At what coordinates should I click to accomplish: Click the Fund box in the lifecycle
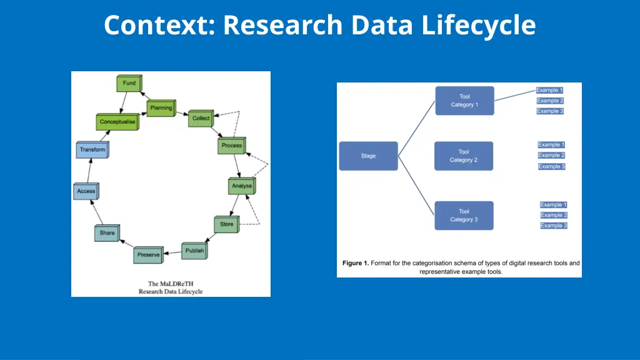[129, 84]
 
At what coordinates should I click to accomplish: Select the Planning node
[161, 108]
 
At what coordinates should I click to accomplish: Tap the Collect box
[201, 118]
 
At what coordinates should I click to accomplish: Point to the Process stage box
[231, 146]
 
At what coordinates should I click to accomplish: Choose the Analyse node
[242, 186]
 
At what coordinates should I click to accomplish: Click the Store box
[226, 224]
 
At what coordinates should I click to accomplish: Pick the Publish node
[194, 251]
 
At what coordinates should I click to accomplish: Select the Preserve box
[149, 255]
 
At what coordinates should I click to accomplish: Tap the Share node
[107, 233]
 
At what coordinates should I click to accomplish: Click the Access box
[86, 191]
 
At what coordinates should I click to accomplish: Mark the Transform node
[92, 150]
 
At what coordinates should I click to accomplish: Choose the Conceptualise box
[117, 122]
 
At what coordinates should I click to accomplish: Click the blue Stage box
[368, 156]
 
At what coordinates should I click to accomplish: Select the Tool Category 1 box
[464, 101]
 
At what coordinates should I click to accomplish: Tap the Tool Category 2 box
[464, 156]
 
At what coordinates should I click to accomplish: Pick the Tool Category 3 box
[464, 215]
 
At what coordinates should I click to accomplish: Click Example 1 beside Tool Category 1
[550, 90]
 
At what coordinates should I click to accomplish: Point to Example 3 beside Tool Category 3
[553, 226]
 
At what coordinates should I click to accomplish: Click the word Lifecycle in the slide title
[478, 26]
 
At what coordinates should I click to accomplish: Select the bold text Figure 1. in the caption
[356, 263]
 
